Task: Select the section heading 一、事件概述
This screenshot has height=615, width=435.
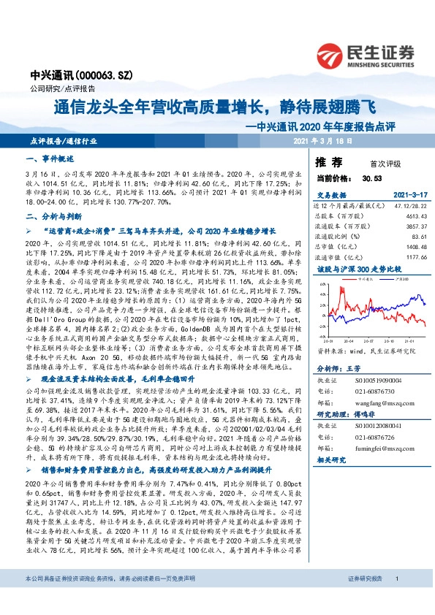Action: coord(50,158)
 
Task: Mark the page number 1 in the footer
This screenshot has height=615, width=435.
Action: coord(396,599)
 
